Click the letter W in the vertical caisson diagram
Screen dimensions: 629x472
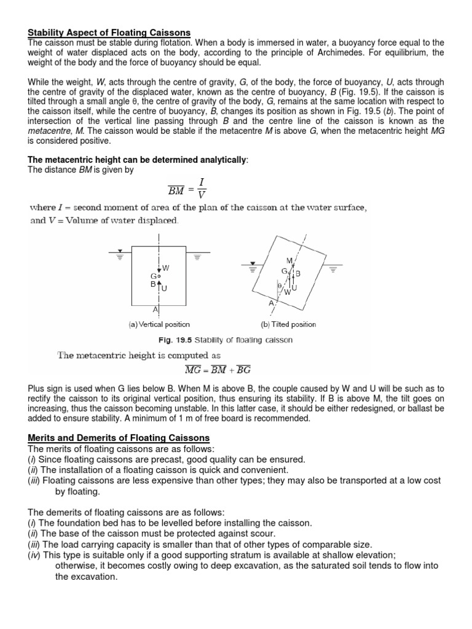[166, 267]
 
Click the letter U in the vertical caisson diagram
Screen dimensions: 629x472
[164, 288]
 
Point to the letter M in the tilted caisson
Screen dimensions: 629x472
[289, 261]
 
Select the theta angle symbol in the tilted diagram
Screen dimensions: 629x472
[278, 286]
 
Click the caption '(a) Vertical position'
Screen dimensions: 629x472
[159, 324]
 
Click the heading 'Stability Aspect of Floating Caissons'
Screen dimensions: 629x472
[109, 32]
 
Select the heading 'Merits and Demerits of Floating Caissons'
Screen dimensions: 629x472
[119, 437]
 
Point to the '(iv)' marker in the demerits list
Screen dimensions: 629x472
[34, 555]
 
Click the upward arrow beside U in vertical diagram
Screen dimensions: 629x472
[159, 286]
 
